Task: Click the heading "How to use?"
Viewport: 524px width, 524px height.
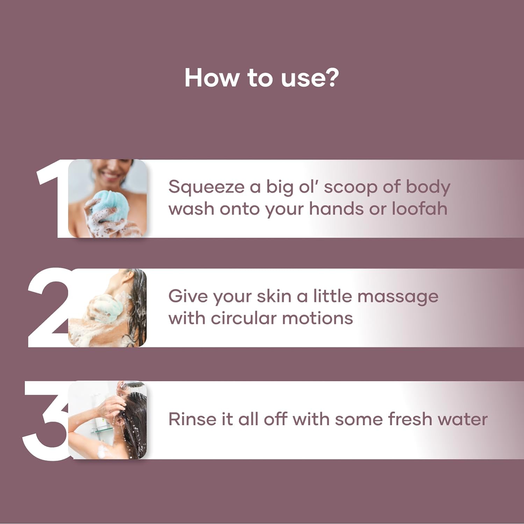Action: pyautogui.click(x=261, y=78)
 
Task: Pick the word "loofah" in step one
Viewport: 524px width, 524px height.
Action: pyautogui.click(x=419, y=209)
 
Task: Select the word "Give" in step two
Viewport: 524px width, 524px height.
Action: pyautogui.click(x=188, y=296)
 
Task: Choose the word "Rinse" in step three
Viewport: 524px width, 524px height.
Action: pyautogui.click(x=192, y=419)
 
